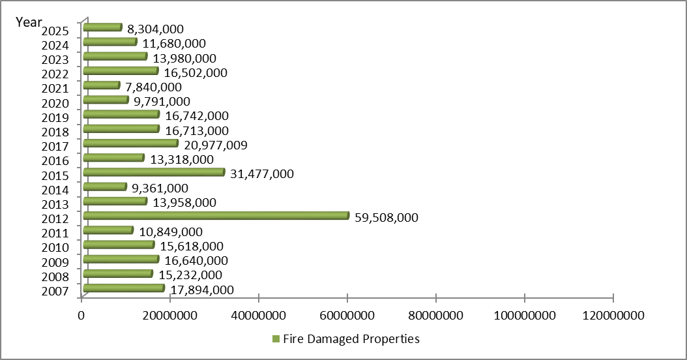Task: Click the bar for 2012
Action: click(x=216, y=216)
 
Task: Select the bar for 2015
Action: click(x=154, y=172)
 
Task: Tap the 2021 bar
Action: click(x=102, y=85)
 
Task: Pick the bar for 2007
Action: click(x=124, y=288)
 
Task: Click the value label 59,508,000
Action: click(x=387, y=217)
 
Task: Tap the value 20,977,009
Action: click(x=215, y=145)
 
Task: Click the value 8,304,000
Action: click(x=155, y=29)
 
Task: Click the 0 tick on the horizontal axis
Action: click(x=81, y=316)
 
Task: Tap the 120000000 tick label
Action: click(x=613, y=316)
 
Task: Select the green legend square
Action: click(x=275, y=339)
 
